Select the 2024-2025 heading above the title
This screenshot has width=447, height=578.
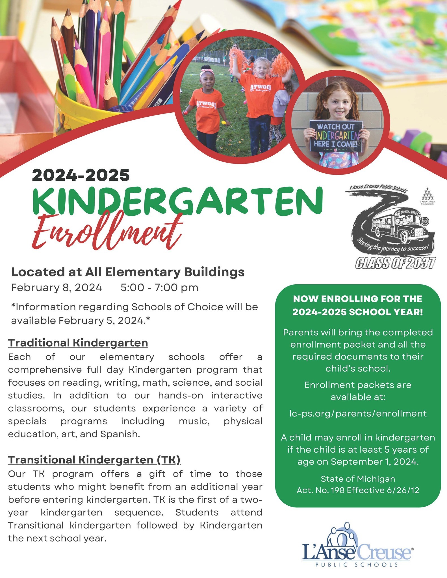click(x=81, y=175)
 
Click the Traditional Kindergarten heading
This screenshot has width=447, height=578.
click(x=78, y=343)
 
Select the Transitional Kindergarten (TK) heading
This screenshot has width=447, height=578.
click(x=94, y=460)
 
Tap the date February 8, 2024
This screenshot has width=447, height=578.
click(x=57, y=288)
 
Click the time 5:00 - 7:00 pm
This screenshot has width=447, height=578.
click(x=159, y=288)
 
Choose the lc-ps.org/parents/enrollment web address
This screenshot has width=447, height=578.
click(x=358, y=414)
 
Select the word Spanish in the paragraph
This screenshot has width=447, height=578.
click(x=120, y=434)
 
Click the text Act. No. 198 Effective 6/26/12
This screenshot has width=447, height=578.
click(x=358, y=490)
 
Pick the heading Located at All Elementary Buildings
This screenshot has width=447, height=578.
click(x=128, y=272)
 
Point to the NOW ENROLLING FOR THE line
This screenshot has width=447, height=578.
click(x=358, y=299)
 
